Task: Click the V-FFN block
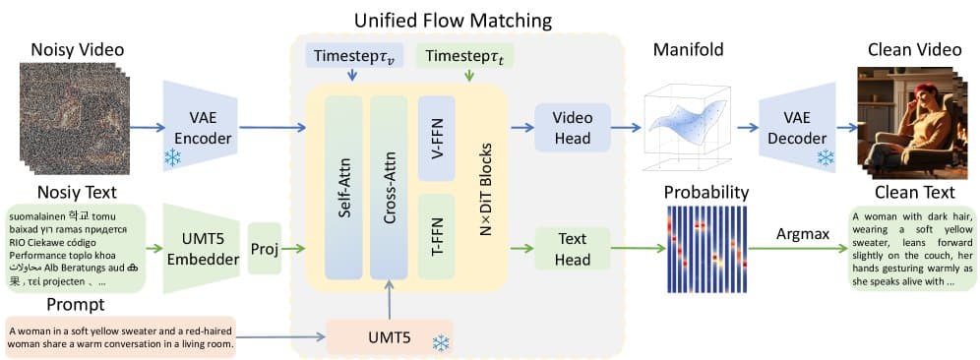[x=436, y=138]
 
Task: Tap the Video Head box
[x=572, y=128]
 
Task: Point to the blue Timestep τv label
[x=350, y=57]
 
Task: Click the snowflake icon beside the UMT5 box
[x=442, y=342]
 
